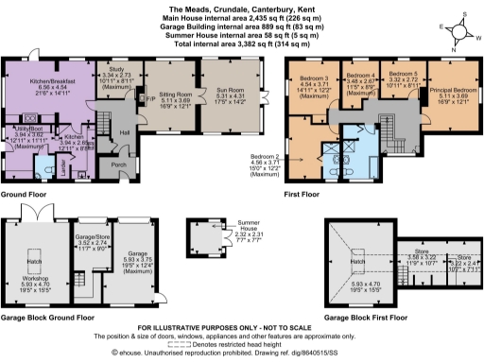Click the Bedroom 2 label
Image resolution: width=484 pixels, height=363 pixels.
point(264,155)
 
